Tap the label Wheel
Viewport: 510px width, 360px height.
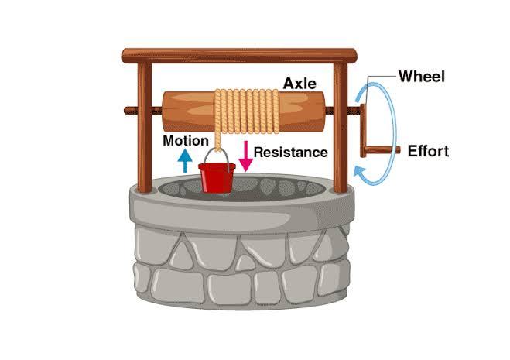pos(423,76)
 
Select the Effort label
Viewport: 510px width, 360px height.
pos(428,151)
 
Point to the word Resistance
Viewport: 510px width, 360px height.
pos(290,153)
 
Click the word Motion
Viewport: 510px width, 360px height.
pos(186,141)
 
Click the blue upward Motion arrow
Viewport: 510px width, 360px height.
pos(185,160)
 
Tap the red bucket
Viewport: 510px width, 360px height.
pos(217,177)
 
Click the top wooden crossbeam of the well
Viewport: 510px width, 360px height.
pos(239,56)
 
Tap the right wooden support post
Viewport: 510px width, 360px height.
pos(341,132)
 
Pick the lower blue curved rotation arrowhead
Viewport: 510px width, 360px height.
pos(358,171)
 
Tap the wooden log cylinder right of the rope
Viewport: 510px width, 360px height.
pos(294,113)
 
